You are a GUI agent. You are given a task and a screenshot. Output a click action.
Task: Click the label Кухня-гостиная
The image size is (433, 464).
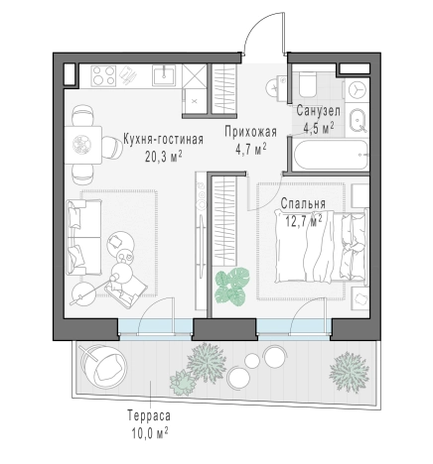(x=163, y=140)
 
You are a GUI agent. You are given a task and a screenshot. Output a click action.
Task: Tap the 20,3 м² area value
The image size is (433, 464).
(x=164, y=156)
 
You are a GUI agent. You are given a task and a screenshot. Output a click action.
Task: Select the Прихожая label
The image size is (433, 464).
(x=250, y=132)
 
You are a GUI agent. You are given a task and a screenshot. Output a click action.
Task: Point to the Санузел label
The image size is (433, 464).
(x=318, y=111)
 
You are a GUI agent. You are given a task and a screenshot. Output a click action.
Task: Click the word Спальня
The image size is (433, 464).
(x=303, y=203)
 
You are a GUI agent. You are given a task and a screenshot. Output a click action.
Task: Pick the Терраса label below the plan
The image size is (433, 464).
(x=149, y=415)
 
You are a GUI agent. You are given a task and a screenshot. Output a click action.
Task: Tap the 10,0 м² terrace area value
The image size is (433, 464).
(x=150, y=433)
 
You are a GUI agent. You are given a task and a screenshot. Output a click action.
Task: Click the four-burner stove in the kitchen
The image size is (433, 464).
(x=104, y=76)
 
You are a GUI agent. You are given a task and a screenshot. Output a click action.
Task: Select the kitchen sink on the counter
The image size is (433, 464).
(x=164, y=75)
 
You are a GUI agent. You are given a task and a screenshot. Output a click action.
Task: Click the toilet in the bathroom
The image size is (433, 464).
(x=307, y=84)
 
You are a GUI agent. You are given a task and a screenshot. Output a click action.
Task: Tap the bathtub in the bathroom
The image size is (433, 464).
(x=331, y=155)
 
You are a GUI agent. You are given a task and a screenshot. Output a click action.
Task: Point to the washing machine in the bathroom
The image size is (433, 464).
(x=357, y=89)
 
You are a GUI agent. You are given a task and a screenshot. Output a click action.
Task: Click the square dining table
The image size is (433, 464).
(x=83, y=145)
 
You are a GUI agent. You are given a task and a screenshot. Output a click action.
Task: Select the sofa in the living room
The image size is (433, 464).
(x=83, y=237)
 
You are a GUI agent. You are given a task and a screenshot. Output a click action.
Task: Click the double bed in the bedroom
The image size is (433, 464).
(x=321, y=247)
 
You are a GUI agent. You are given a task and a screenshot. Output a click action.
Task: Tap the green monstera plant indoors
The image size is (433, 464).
(x=231, y=287)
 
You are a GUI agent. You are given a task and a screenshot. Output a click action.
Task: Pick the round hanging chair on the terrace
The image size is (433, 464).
(x=104, y=366)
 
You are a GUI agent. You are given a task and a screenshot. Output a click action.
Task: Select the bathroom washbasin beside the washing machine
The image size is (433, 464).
(x=357, y=120)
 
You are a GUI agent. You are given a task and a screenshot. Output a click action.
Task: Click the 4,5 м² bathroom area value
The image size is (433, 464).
(x=318, y=127)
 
